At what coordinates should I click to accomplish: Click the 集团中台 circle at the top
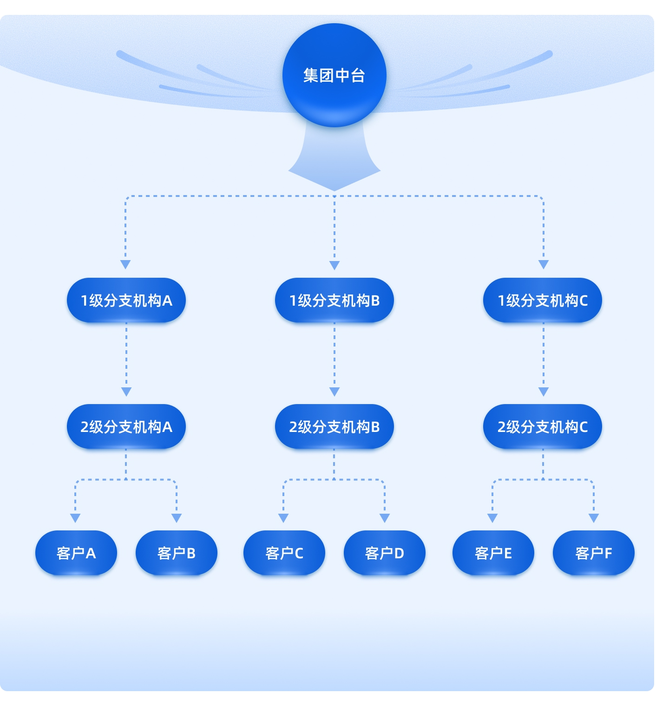click(334, 75)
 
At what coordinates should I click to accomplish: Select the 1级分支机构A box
click(126, 300)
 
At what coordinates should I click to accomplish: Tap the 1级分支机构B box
click(334, 300)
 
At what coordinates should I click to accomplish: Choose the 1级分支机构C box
click(543, 300)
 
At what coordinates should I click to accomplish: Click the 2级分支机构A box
click(126, 426)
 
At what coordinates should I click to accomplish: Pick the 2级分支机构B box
click(334, 426)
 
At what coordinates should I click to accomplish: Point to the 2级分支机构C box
click(543, 426)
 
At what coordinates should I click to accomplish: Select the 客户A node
click(76, 553)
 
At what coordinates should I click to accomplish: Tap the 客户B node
click(177, 553)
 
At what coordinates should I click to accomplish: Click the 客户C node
click(284, 553)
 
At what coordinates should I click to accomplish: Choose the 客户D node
click(385, 553)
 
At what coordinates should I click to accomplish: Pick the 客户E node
click(493, 553)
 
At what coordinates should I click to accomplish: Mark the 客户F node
click(594, 553)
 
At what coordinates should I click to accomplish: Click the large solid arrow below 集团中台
click(334, 163)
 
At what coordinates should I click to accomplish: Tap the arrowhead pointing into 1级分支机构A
click(125, 265)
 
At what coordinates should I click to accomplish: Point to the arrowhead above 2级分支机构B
click(334, 392)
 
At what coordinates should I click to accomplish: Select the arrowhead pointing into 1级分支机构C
click(544, 265)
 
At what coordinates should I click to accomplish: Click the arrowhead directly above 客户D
click(385, 518)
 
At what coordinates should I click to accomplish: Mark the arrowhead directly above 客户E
click(492, 518)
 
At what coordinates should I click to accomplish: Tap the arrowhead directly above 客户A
click(75, 518)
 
